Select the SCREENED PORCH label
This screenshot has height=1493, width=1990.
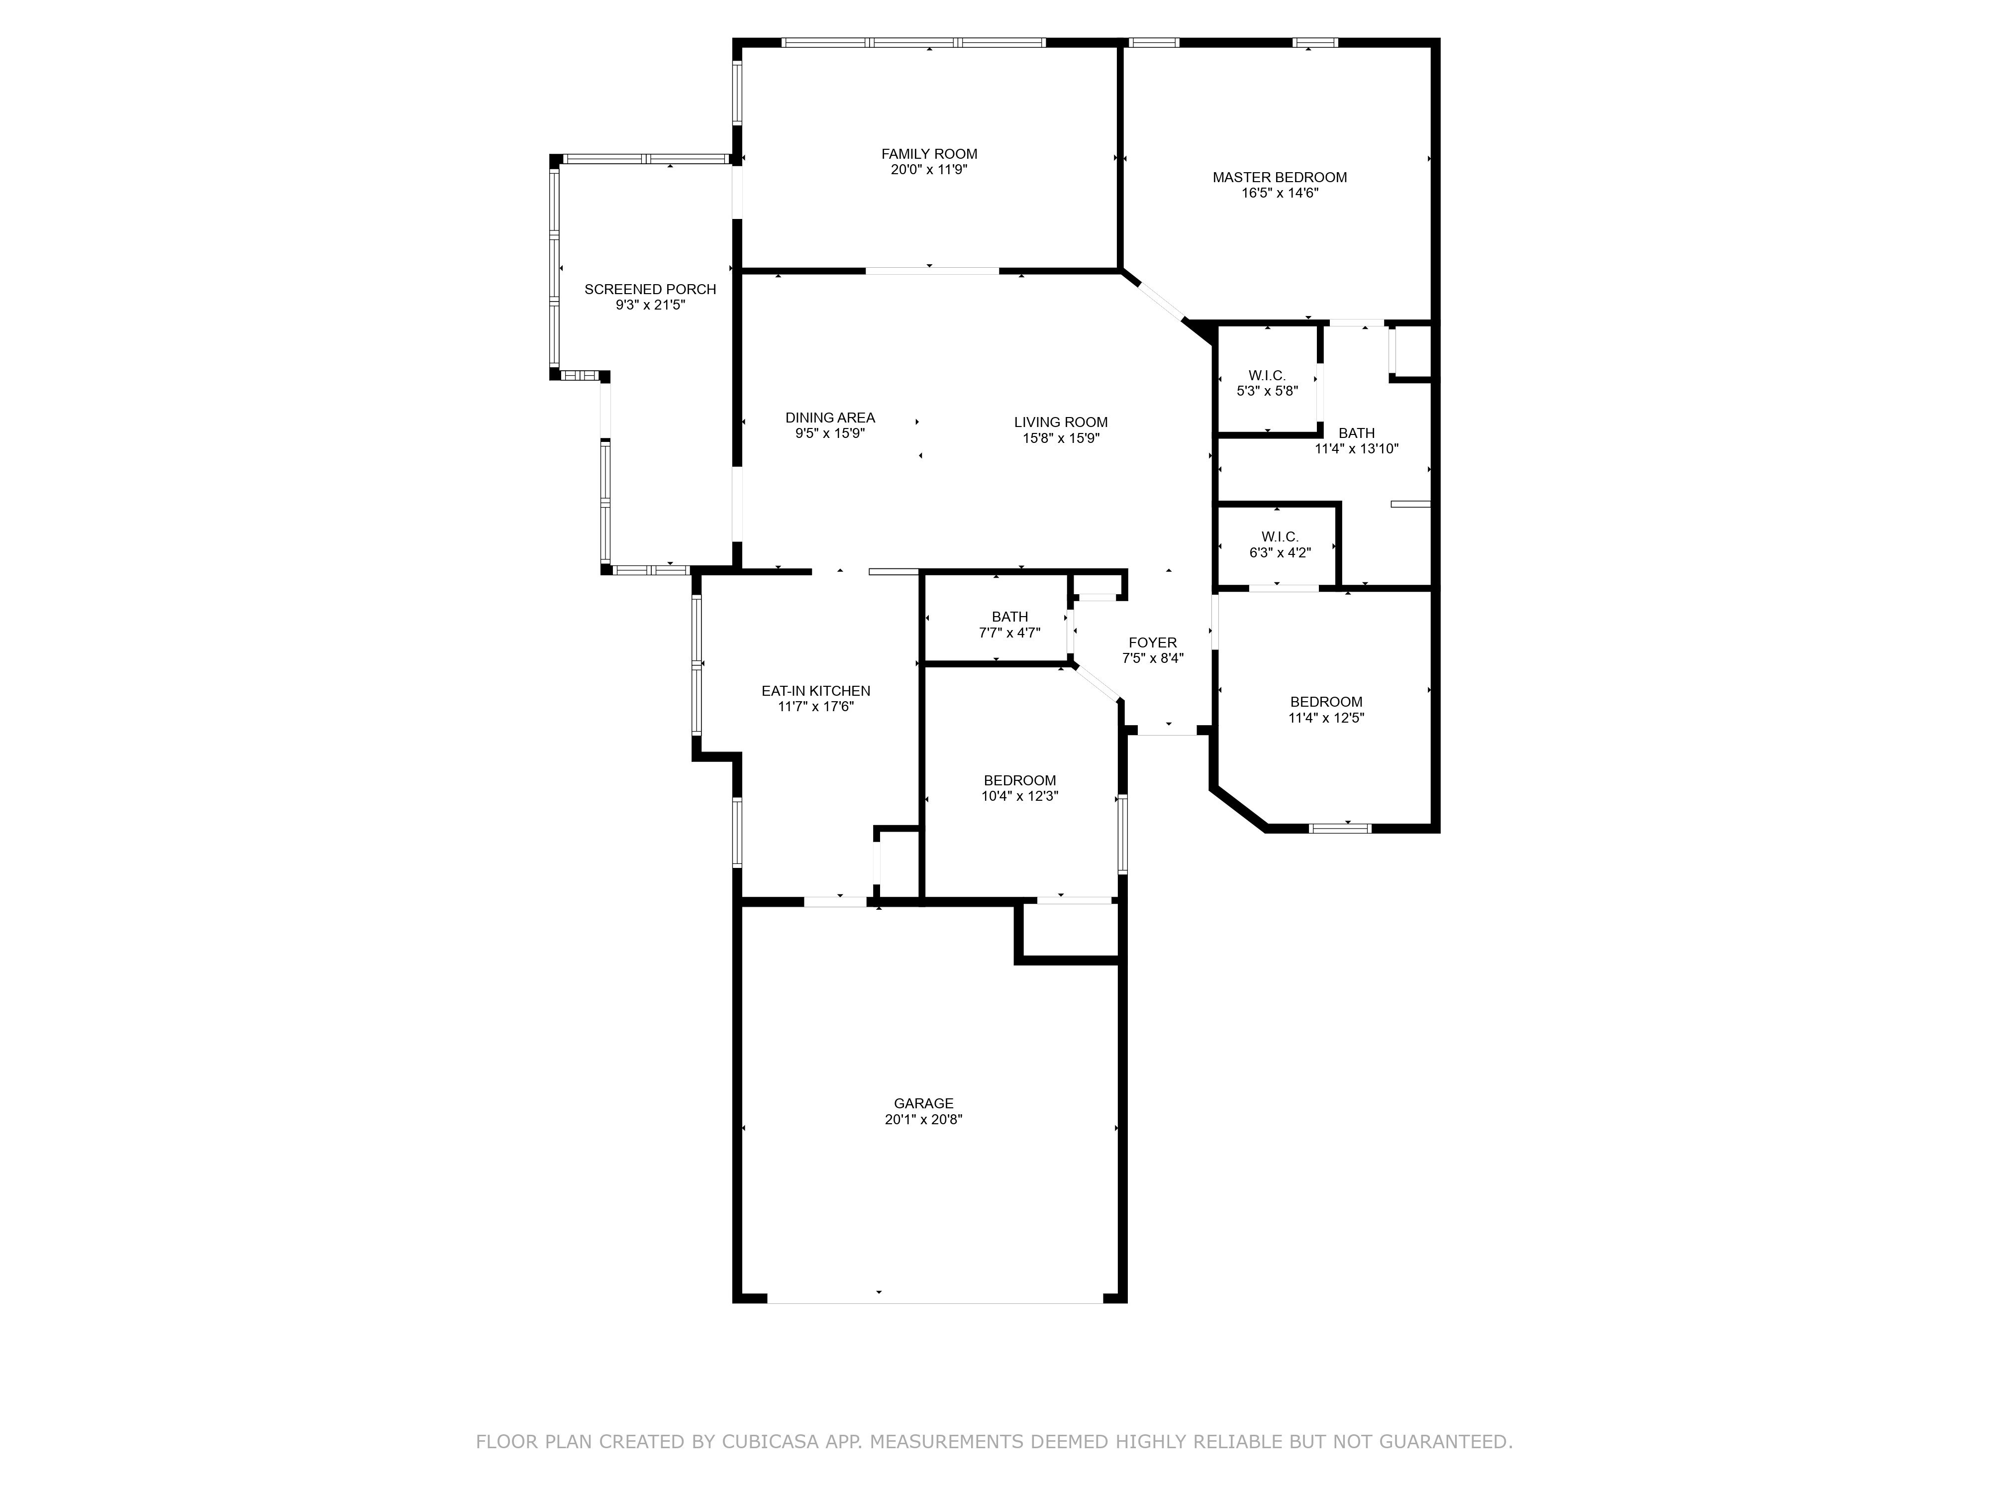pyautogui.click(x=650, y=289)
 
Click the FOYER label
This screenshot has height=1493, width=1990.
pyautogui.click(x=1152, y=642)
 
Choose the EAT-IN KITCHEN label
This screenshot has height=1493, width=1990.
pyautogui.click(x=816, y=691)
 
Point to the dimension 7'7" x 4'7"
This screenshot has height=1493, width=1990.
pyautogui.click(x=1009, y=633)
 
